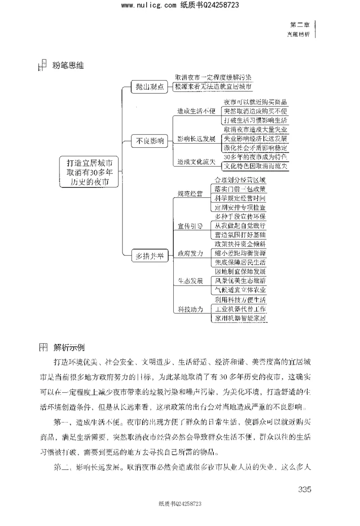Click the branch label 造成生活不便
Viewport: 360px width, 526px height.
[197, 111]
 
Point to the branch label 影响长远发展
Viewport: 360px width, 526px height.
[197, 138]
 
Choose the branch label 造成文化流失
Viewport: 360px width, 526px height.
[197, 162]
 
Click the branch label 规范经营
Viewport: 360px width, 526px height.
[190, 194]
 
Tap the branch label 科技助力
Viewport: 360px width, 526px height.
[190, 309]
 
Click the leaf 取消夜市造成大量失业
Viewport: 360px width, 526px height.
[256, 130]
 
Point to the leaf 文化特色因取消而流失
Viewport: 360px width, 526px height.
[256, 166]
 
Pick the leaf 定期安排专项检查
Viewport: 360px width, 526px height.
[240, 208]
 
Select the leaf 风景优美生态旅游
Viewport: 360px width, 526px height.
[240, 281]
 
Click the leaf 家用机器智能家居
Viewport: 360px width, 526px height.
[240, 318]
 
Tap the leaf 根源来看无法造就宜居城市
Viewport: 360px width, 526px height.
[214, 86]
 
